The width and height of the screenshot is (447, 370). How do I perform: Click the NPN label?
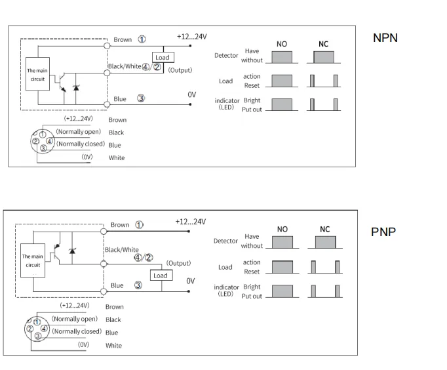385,38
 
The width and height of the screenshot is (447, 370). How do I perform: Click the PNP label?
383,232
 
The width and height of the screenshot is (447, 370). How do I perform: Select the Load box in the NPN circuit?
163,57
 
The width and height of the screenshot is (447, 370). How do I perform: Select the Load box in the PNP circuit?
161,276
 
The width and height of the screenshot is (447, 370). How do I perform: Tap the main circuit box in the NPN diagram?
37,74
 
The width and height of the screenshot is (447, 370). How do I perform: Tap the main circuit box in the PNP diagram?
33,260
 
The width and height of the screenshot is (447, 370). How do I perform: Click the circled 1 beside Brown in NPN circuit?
142,39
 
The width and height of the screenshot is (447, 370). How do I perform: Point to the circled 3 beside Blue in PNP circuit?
138,285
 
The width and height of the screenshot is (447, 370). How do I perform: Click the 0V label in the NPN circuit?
192,94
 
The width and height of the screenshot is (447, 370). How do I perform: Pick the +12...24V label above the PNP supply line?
191,222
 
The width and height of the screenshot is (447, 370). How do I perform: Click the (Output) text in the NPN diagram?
180,70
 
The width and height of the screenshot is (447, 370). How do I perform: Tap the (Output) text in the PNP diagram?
178,263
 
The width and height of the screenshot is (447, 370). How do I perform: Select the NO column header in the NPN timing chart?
282,44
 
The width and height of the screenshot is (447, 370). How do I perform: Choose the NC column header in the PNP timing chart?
324,230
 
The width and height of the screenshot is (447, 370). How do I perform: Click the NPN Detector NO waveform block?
282,57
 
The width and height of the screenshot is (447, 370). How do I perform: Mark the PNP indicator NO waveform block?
282,291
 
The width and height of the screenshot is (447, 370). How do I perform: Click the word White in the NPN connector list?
117,157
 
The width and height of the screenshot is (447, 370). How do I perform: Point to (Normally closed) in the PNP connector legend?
77,331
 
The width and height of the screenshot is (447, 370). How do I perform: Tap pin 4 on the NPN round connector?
50,141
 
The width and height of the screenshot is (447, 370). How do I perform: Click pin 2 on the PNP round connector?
30,329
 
